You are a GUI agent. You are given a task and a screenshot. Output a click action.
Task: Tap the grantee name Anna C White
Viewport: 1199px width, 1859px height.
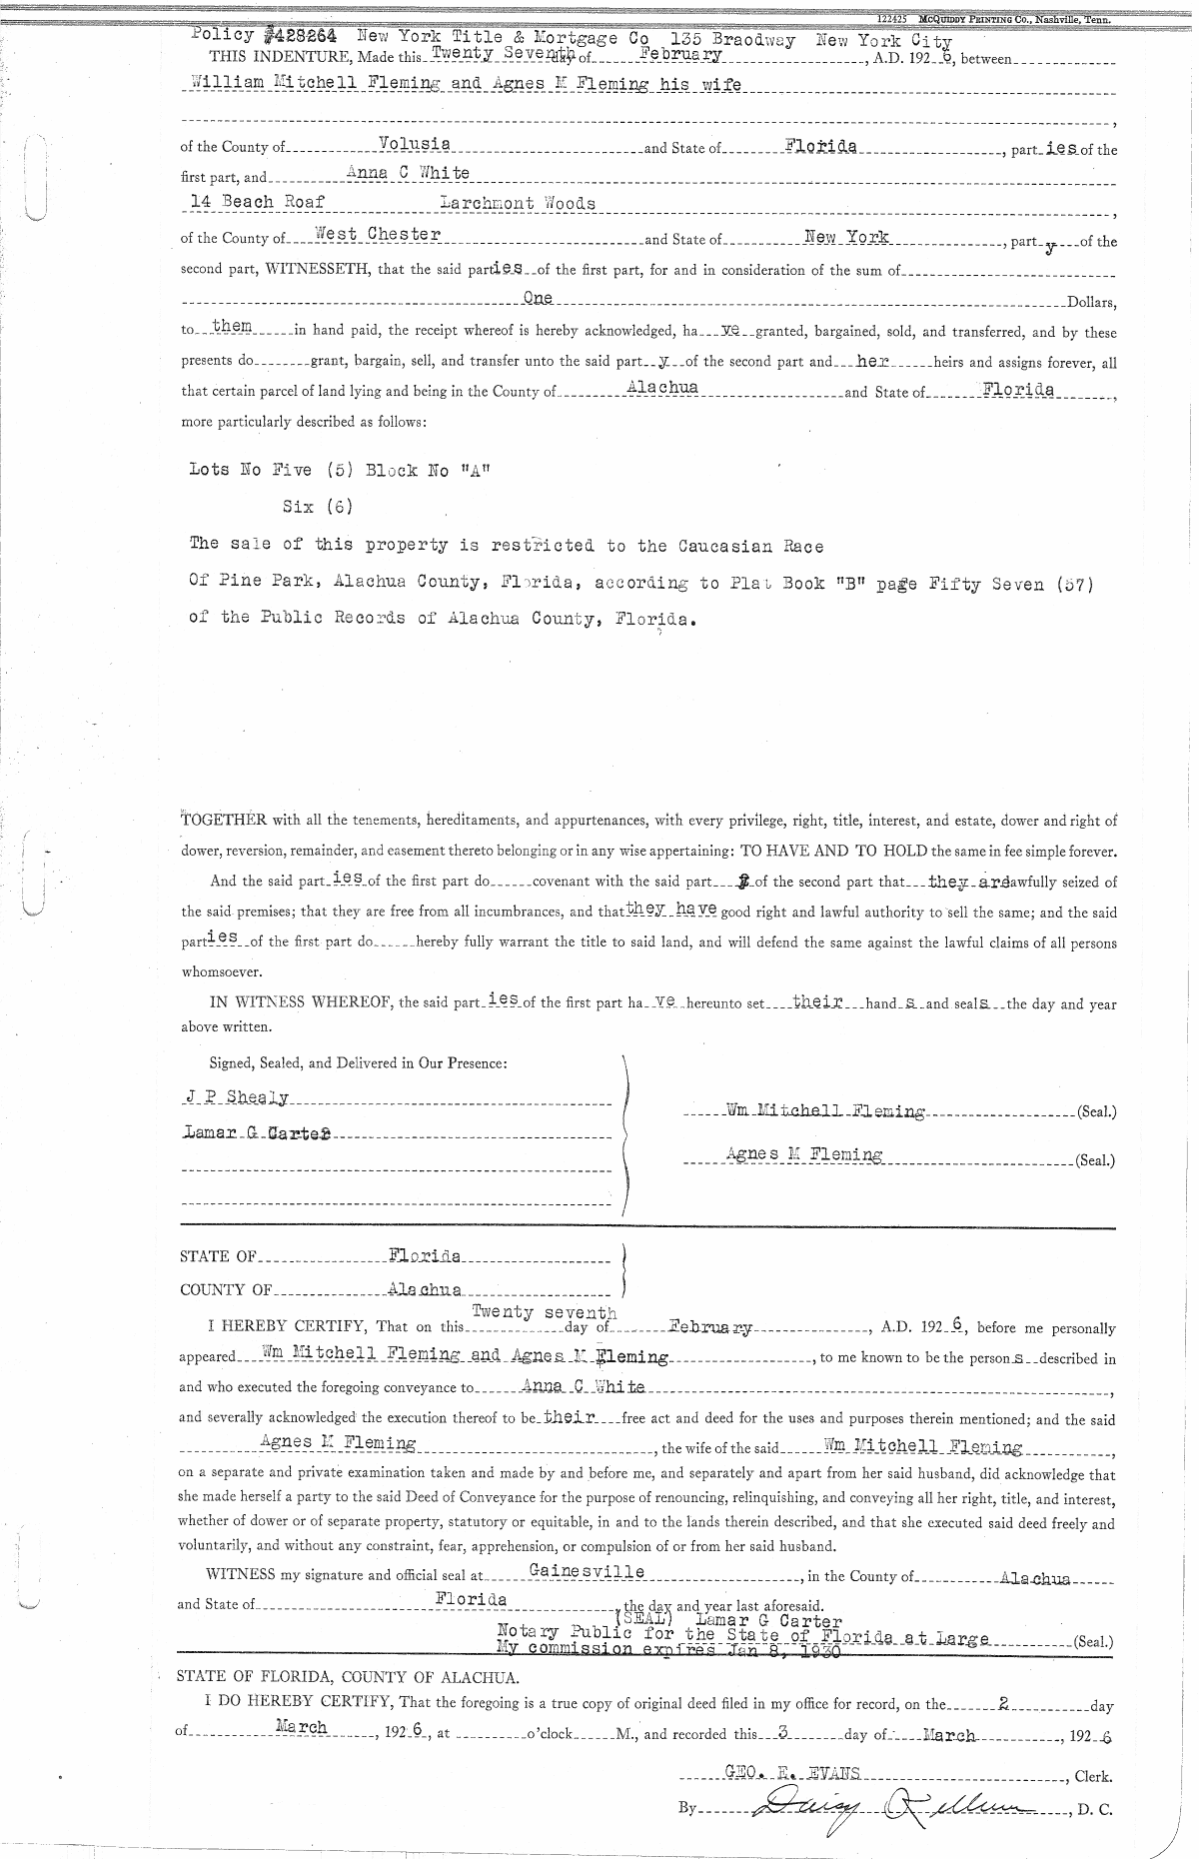[x=408, y=173]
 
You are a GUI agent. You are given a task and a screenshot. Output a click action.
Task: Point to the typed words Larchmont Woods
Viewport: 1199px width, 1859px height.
[x=518, y=203]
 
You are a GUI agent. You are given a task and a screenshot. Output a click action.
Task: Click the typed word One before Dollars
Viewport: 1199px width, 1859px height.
[x=538, y=298]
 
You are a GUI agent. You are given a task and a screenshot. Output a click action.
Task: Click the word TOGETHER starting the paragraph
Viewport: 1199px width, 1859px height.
[x=223, y=821]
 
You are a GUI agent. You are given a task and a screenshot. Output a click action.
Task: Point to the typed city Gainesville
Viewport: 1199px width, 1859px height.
[x=587, y=1571]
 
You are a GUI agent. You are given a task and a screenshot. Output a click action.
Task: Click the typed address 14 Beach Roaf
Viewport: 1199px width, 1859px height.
[x=258, y=203]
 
